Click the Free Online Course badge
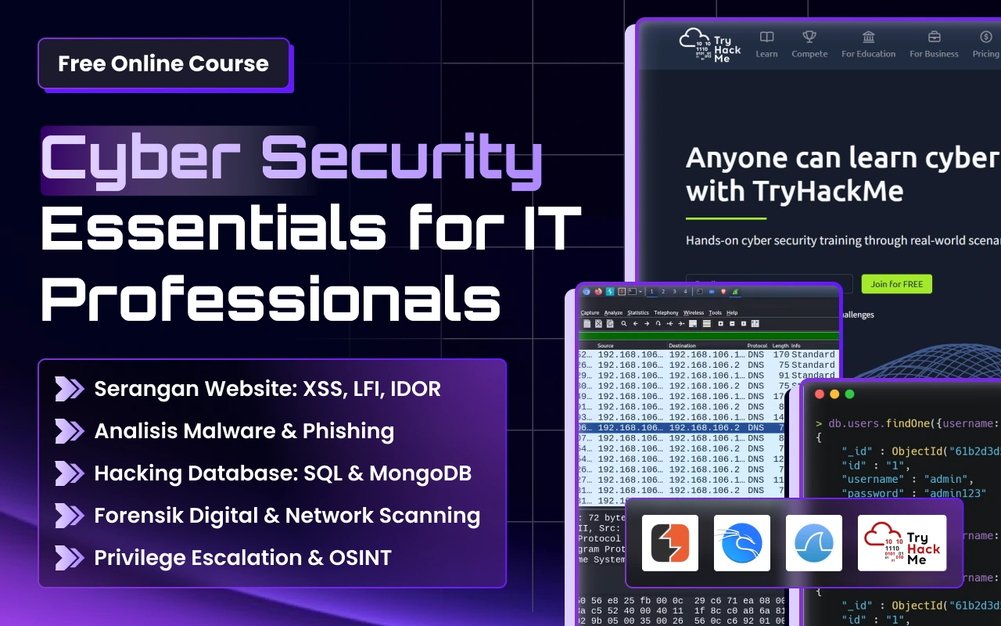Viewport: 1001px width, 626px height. tap(163, 63)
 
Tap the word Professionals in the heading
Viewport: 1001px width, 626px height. tap(270, 297)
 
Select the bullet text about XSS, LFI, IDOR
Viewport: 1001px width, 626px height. tap(267, 389)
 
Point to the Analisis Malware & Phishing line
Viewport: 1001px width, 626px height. tap(244, 431)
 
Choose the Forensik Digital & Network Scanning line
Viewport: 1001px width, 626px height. tap(287, 516)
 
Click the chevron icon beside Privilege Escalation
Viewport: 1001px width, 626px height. tap(69, 558)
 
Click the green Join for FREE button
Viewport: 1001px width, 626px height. tap(896, 284)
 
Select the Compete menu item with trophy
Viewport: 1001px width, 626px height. tap(809, 45)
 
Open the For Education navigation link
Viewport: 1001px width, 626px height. tap(868, 45)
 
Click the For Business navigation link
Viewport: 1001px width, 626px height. tap(934, 45)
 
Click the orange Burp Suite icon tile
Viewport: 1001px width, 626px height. tap(670, 543)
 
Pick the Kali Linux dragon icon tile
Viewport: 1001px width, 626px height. tap(742, 543)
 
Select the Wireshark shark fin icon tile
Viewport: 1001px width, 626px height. tap(814, 543)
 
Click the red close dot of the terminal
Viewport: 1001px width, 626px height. tap(820, 394)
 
